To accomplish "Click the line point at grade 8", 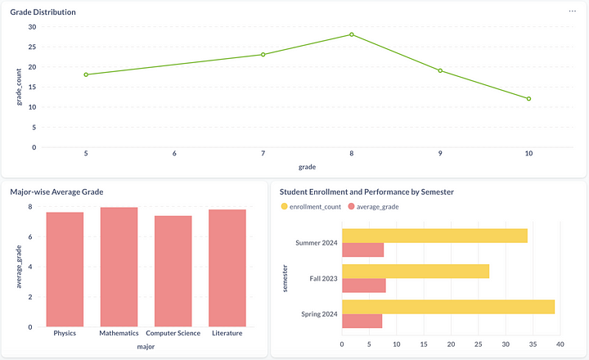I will tap(352, 34).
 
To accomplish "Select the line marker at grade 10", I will tap(529, 99).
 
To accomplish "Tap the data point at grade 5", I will tap(86, 74).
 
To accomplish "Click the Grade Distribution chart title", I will tap(43, 12).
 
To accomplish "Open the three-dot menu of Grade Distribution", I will tap(573, 11).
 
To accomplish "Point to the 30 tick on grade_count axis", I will tap(32, 26).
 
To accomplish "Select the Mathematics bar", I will tap(119, 267).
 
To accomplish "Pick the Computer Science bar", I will tap(173, 271).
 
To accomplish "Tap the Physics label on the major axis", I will tap(65, 334).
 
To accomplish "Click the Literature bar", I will tap(227, 268).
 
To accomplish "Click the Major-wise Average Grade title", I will tap(56, 191).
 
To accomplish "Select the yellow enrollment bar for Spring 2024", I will tap(447, 307).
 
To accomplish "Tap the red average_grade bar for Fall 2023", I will tap(363, 286).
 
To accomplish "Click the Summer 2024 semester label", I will tap(316, 242).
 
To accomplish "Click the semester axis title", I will tap(286, 278).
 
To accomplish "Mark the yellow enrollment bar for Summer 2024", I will tap(434, 236).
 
